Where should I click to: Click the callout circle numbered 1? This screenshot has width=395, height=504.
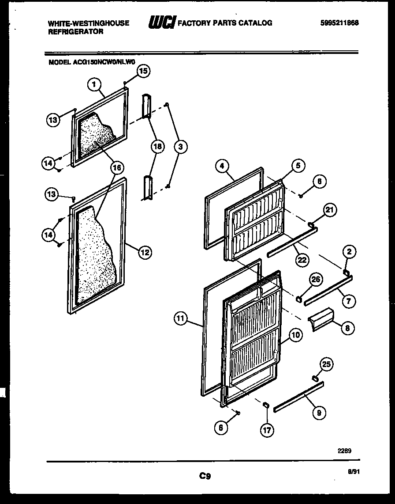point(94,83)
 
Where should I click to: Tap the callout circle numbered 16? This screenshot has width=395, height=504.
point(117,167)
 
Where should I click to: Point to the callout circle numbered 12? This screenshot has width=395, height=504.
point(144,252)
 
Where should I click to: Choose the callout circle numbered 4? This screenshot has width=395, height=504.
point(223,166)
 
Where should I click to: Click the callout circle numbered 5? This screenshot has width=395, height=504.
point(298,166)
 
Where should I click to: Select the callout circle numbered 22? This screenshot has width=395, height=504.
point(302,260)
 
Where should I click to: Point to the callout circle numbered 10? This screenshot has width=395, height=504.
point(295,335)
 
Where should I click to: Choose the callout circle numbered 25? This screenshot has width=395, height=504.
point(326,364)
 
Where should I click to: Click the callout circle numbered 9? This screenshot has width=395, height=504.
point(318,413)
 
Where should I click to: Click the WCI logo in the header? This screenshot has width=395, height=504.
point(162,22)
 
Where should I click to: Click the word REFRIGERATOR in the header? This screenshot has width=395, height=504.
point(76,32)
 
